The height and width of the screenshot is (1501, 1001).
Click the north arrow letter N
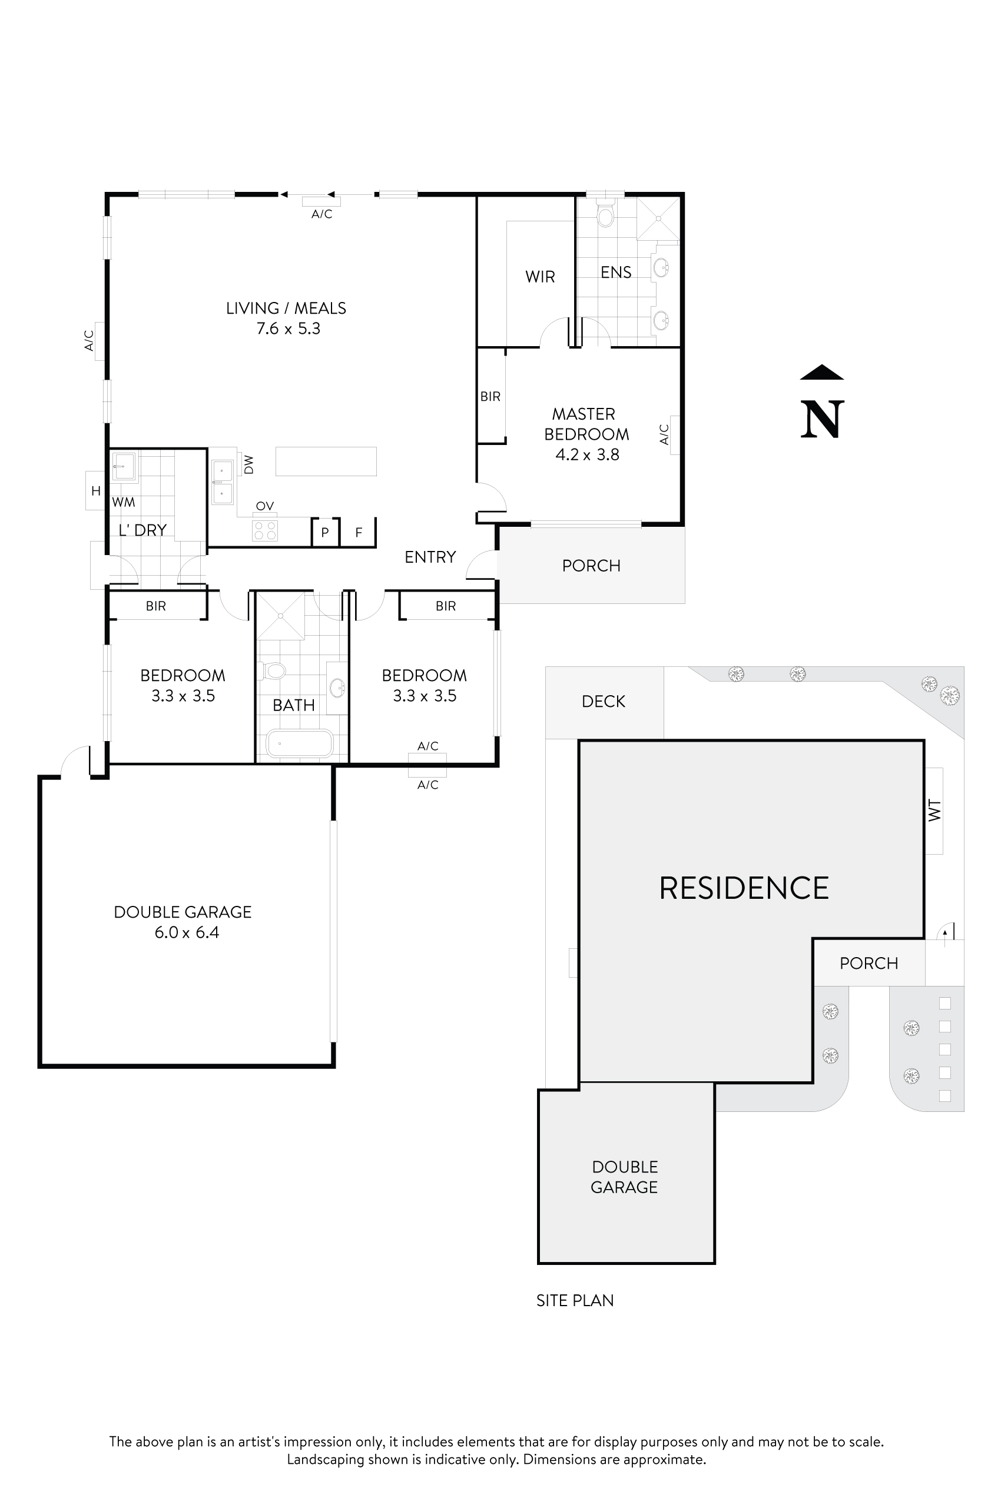tap(822, 419)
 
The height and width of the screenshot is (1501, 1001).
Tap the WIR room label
tap(540, 277)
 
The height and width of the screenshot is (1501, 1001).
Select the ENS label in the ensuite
tap(616, 273)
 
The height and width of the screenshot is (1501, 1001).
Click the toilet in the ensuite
tap(605, 215)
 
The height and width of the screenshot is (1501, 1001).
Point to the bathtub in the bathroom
tap(299, 743)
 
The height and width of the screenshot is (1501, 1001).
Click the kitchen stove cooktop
tap(265, 530)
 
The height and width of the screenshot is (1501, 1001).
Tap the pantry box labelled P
tap(325, 532)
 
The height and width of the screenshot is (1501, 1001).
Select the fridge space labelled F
tap(359, 532)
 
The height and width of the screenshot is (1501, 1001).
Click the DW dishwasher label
tap(249, 464)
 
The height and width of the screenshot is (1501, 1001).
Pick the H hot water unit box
tap(96, 491)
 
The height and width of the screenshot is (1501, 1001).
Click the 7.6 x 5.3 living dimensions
tap(288, 328)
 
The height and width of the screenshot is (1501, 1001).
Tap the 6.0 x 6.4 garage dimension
tap(187, 932)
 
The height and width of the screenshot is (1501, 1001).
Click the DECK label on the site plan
tap(604, 702)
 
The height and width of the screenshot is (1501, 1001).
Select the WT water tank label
tap(934, 811)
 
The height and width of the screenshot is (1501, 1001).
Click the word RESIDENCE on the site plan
tap(744, 888)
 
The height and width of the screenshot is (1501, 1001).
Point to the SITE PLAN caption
tap(575, 1301)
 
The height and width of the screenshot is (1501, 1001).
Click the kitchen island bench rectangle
tap(326, 461)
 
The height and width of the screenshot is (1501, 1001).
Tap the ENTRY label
tap(430, 557)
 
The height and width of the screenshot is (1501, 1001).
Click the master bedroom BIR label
tap(490, 396)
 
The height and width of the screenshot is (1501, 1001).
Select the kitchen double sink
tap(222, 482)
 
